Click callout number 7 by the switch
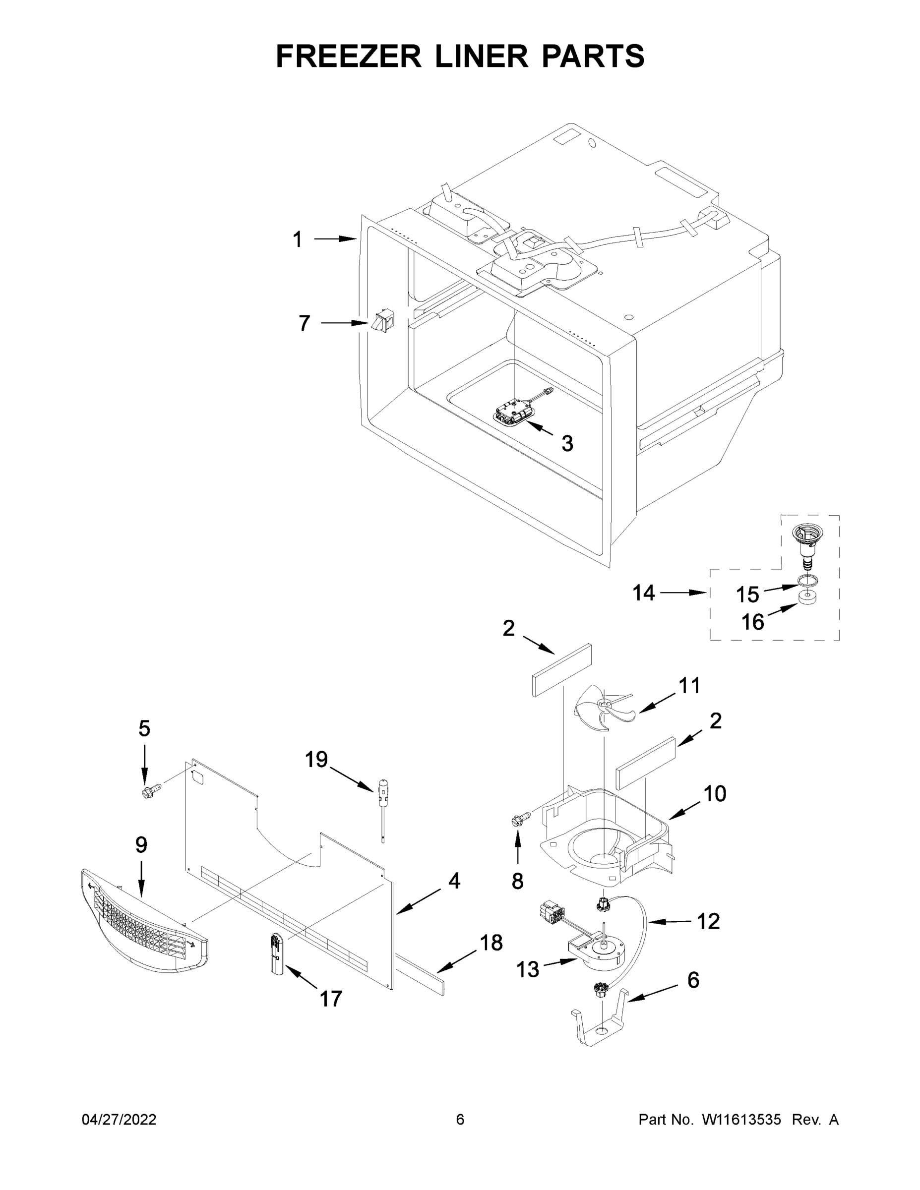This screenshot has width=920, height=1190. point(304,323)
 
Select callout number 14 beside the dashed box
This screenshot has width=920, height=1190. point(643,593)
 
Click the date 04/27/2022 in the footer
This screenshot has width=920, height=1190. point(119,1120)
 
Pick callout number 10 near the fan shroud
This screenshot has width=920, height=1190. point(715,794)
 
